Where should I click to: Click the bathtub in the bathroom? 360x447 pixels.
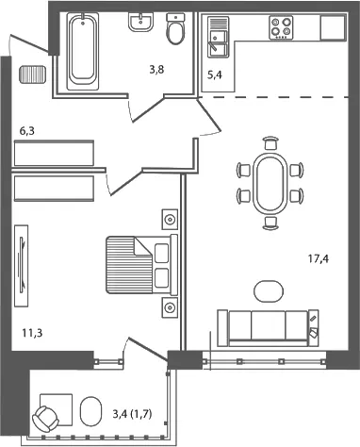tap(83, 51)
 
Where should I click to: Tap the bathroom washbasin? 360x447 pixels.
tap(141, 22)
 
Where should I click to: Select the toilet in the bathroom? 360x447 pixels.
tap(175, 29)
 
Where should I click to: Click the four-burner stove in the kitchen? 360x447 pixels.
tap(281, 27)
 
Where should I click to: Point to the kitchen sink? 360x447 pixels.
tap(218, 38)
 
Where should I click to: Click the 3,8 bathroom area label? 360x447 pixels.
tap(156, 70)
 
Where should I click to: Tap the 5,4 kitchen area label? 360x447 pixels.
tap(215, 75)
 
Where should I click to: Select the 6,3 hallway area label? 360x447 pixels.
tap(27, 131)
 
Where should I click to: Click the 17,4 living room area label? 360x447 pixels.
tap(319, 259)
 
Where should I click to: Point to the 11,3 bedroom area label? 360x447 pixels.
tap(32, 333)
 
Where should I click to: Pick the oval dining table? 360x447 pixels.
tap(270, 183)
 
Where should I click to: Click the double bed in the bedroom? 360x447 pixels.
tap(142, 265)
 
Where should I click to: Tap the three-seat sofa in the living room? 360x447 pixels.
tap(269, 328)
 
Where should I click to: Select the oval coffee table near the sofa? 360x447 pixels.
tap(269, 291)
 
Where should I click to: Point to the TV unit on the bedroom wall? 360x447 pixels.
tap(22, 266)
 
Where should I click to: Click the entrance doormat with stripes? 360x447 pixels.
tap(33, 74)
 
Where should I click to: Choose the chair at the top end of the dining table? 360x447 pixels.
tap(270, 142)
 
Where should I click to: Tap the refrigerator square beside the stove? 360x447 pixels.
tap(333, 27)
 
